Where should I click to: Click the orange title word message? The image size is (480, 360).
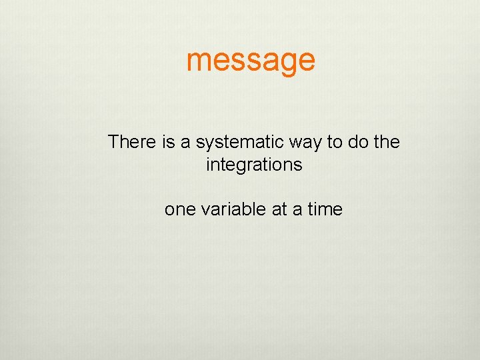[251, 60]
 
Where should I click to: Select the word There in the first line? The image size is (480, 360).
[132, 142]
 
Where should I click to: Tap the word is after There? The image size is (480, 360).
[168, 142]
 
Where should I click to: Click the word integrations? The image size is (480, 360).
[254, 165]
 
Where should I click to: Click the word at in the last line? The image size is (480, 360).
[279, 209]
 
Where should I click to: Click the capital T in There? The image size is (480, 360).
[114, 142]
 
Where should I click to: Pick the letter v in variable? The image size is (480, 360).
[204, 210]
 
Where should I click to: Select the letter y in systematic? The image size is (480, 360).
[209, 144]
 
